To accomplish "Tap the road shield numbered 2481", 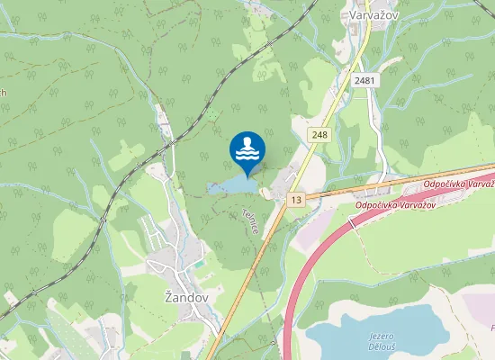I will [x=364, y=81].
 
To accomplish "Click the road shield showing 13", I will [x=295, y=199].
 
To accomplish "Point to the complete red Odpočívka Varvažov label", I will [x=395, y=205].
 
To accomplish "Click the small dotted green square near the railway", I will [x=213, y=114].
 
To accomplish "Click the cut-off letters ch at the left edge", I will [x=3, y=93].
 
